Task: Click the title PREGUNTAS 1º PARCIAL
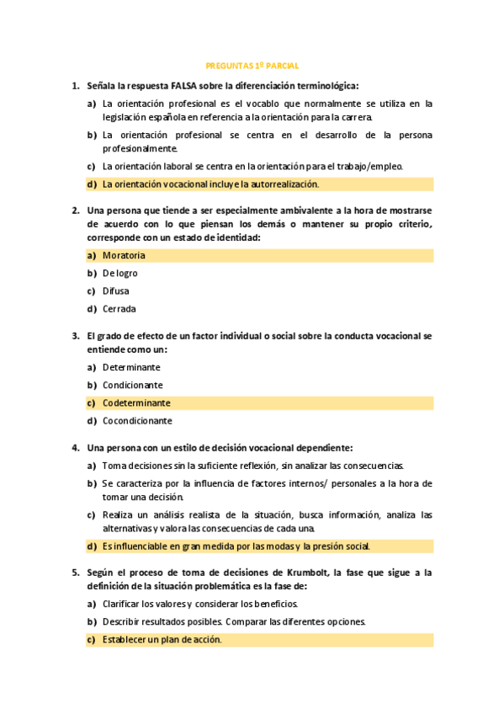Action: pyautogui.click(x=252, y=65)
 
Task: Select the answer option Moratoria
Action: pyautogui.click(x=124, y=255)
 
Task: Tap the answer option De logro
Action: pyautogui.click(x=120, y=273)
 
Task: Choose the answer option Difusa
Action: pyautogui.click(x=116, y=290)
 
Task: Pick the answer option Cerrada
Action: pyautogui.click(x=119, y=308)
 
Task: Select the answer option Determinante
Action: pyautogui.click(x=131, y=367)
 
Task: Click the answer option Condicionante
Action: pyautogui.click(x=133, y=385)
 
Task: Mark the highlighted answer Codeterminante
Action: pyautogui.click(x=136, y=402)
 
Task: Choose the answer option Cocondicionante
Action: pyautogui.click(x=137, y=420)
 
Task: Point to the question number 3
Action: pyautogui.click(x=76, y=335)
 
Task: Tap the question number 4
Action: pyautogui.click(x=76, y=447)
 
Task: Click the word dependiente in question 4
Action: pyautogui.click(x=324, y=447)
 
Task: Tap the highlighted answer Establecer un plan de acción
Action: pyautogui.click(x=162, y=639)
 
